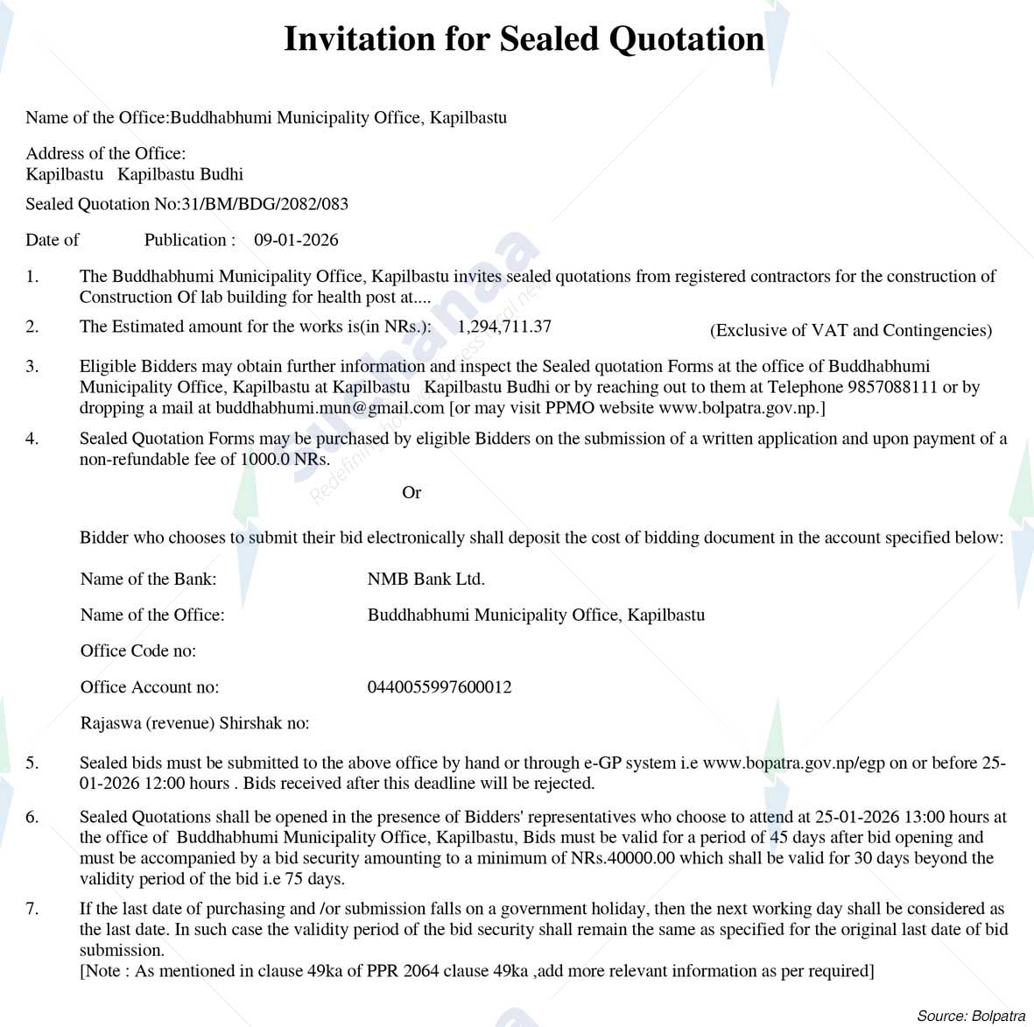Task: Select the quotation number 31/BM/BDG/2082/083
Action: point(264,204)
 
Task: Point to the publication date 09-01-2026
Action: point(296,240)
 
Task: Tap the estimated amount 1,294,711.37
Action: point(504,327)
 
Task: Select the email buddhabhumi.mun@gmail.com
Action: point(330,408)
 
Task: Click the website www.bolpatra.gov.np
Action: point(738,408)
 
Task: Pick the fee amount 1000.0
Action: point(265,459)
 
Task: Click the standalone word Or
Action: point(411,493)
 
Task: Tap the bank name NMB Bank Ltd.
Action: point(426,579)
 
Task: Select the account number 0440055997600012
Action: point(440,687)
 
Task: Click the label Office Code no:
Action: point(138,651)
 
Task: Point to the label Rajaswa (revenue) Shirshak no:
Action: point(194,723)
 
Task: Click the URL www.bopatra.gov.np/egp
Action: point(794,763)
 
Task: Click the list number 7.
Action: point(32,909)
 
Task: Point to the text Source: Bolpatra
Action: point(970,1016)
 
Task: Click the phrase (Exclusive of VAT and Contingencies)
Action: point(850,330)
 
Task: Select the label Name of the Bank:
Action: point(148,579)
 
